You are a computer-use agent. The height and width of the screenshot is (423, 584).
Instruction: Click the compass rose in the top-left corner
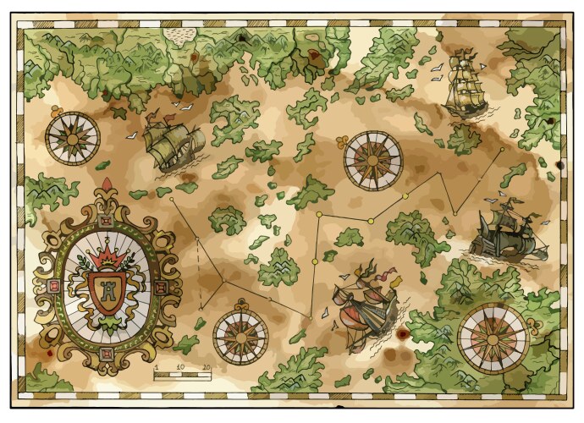coord(72,139)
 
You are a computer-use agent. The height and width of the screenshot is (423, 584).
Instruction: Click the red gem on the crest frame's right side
coord(166,285)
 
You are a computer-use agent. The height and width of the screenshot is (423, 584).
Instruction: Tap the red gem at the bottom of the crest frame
coord(107,353)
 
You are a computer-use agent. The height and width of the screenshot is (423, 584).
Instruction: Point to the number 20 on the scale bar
coord(207,367)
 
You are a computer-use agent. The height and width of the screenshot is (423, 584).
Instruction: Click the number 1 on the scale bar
coord(156,367)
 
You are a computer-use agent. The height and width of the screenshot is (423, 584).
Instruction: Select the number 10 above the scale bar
coord(180,367)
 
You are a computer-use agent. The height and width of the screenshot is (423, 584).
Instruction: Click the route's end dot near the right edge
coord(502,150)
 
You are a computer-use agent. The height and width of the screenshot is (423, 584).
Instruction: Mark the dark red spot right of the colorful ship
coord(403,334)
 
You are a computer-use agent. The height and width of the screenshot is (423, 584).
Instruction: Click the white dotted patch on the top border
coord(179,34)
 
